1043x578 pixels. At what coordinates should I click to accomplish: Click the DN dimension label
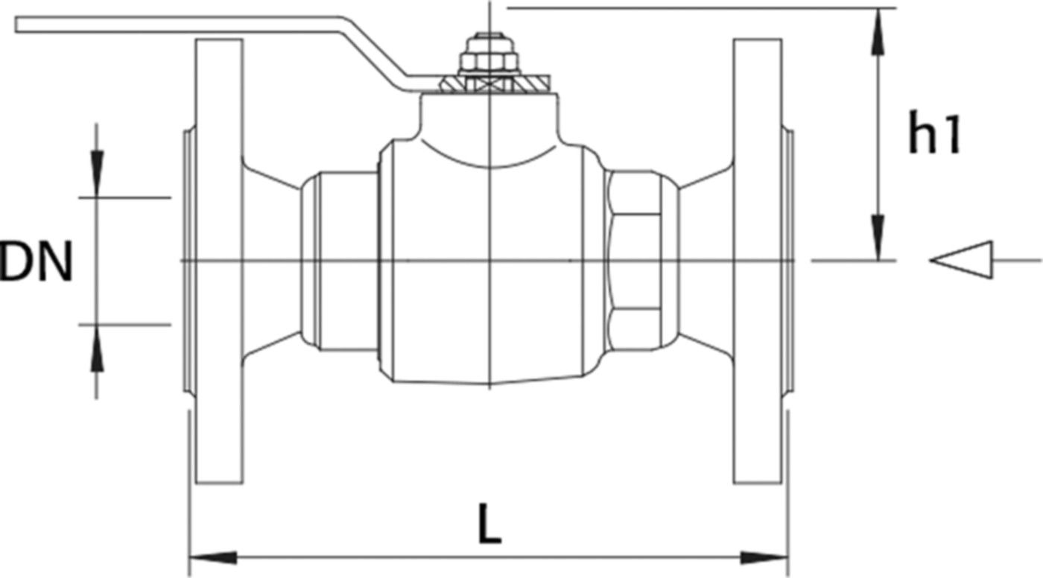pos(37,261)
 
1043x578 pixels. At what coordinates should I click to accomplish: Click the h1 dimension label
pos(934,132)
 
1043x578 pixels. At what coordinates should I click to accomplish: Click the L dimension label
pos(489,524)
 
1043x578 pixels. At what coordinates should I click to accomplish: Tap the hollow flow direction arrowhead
pos(962,260)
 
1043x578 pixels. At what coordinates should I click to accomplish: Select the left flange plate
pos(219,261)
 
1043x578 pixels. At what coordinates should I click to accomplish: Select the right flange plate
pos(758,261)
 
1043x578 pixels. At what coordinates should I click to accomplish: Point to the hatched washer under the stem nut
pos(495,83)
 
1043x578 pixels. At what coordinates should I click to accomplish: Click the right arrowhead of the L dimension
pos(764,558)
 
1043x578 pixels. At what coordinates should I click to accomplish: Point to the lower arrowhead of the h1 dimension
pos(878,237)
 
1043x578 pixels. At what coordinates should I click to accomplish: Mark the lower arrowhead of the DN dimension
pos(97,348)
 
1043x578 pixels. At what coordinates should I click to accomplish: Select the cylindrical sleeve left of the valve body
pos(339,261)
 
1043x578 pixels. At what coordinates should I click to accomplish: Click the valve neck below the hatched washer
pos(489,116)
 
